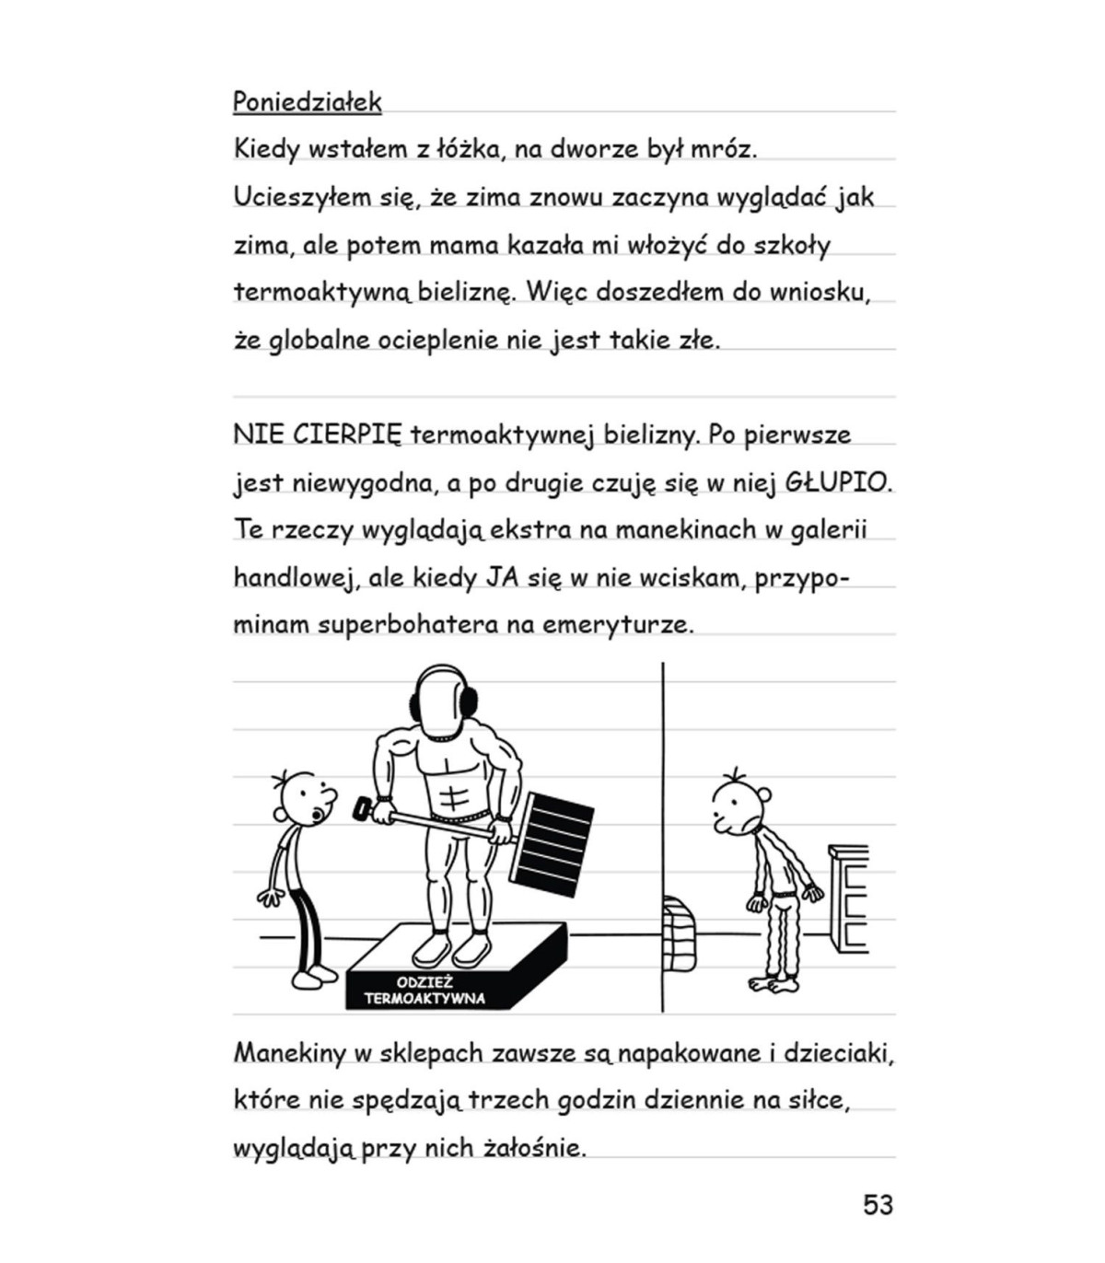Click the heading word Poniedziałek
click(307, 101)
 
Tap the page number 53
click(878, 1205)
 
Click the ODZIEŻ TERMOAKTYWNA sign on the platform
click(425, 991)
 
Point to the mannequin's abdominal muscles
click(453, 792)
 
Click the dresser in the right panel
click(848, 898)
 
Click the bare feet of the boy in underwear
click(773, 984)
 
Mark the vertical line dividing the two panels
click(663, 828)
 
